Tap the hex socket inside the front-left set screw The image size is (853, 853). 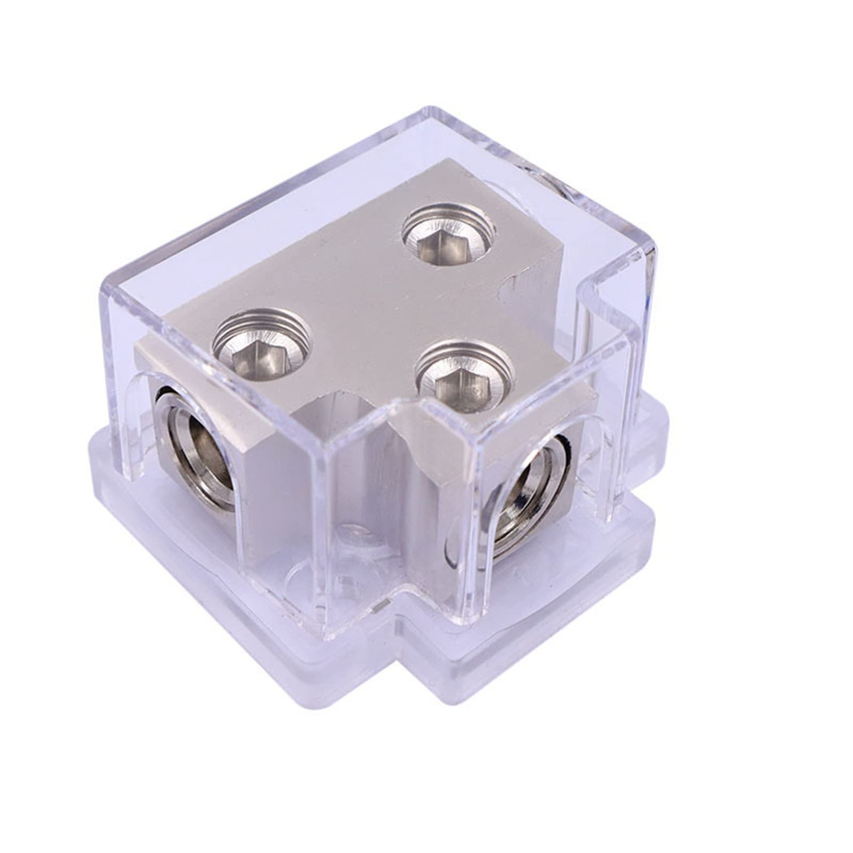point(259,356)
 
